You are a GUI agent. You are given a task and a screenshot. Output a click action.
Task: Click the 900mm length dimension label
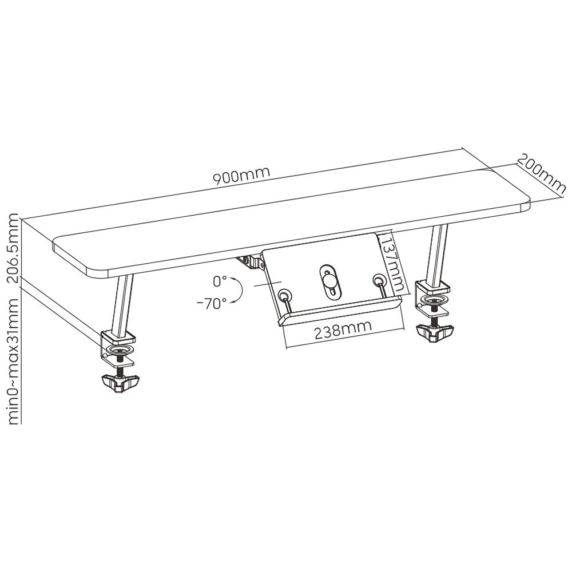pyautogui.click(x=241, y=176)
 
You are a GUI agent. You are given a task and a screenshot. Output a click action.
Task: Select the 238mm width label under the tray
pyautogui.click(x=343, y=330)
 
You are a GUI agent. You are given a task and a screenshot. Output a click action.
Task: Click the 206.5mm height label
pyautogui.click(x=14, y=248)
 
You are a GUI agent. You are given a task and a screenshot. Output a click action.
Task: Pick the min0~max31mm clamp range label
pyautogui.click(x=14, y=361)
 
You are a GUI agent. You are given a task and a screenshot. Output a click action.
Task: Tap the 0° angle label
pyautogui.click(x=220, y=281)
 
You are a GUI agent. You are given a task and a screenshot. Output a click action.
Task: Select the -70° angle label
pyautogui.click(x=211, y=303)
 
